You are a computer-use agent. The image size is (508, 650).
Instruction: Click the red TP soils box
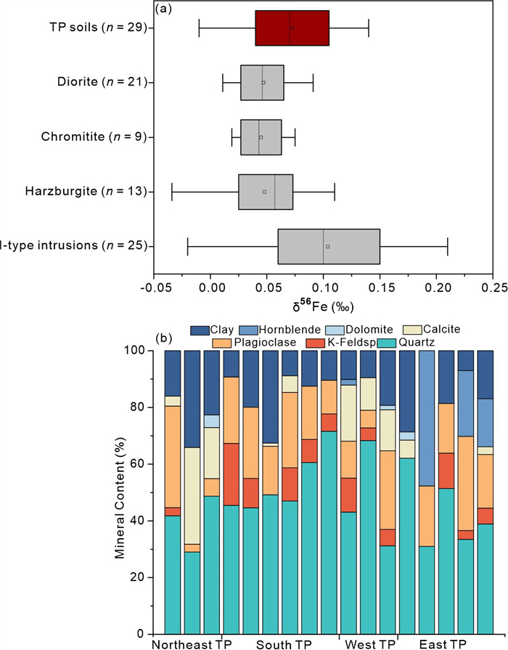[292, 28]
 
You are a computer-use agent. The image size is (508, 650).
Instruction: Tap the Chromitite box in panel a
[261, 137]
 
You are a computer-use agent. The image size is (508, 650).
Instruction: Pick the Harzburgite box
[265, 192]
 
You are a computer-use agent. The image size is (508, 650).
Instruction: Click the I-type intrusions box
[328, 246]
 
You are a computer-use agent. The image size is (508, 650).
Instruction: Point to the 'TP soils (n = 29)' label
[95, 28]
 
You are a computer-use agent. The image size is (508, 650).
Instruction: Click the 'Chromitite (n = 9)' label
[102, 137]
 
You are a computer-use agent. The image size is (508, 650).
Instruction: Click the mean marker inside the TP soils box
[292, 28]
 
